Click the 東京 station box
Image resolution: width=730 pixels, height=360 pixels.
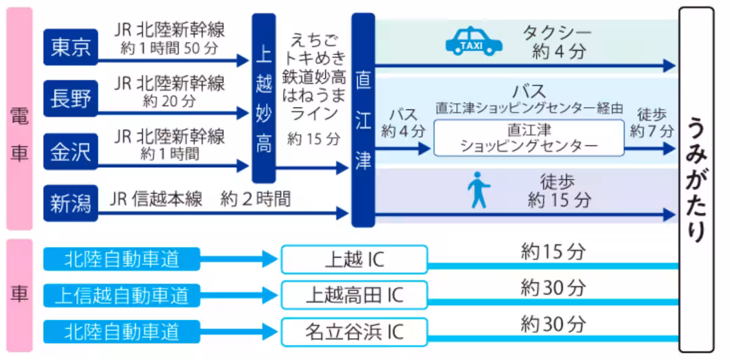click(x=71, y=47)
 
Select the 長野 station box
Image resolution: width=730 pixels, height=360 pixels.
click(x=71, y=99)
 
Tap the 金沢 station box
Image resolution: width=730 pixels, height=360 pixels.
click(x=71, y=151)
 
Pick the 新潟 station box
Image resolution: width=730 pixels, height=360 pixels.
click(x=71, y=203)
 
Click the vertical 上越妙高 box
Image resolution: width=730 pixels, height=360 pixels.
click(x=263, y=97)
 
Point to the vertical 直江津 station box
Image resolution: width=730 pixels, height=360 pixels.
click(x=363, y=120)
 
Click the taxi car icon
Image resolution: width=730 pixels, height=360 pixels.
click(x=474, y=41)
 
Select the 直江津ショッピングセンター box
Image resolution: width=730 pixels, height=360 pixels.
click(x=528, y=138)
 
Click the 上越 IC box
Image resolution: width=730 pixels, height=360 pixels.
click(x=354, y=260)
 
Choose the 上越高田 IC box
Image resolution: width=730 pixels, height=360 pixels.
click(x=354, y=296)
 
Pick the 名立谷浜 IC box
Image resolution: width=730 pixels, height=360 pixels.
click(x=354, y=331)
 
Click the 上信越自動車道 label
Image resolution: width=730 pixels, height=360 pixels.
click(x=122, y=296)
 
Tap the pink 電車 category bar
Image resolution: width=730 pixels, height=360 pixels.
click(x=19, y=119)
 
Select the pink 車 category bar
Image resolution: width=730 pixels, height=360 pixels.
click(x=19, y=295)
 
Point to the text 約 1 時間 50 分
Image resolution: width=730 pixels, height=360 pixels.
click(x=169, y=48)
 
